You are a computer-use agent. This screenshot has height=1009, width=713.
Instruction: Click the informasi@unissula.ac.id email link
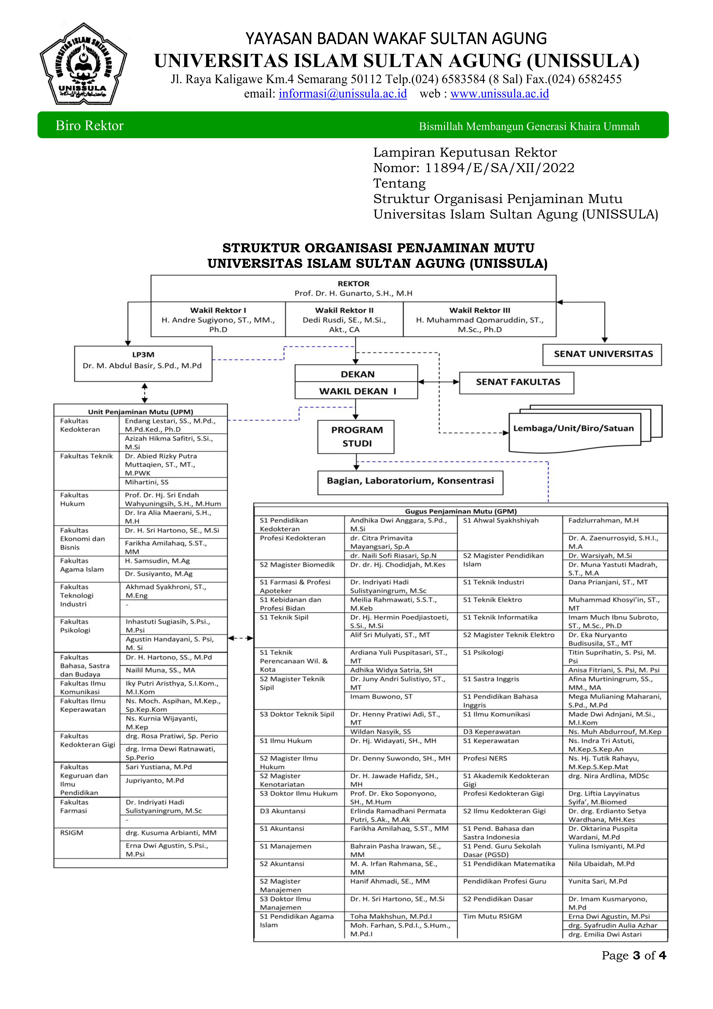coord(343,94)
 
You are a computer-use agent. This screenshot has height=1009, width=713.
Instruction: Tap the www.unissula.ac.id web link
coord(499,94)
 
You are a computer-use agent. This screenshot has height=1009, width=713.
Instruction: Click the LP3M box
coord(143,363)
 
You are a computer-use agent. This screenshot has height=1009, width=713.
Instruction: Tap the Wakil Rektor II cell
coord(344,320)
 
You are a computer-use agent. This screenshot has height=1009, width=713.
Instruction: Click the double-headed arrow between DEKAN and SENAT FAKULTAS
coord(438,382)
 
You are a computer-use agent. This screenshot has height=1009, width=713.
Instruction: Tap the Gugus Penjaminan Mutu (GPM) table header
coord(460,511)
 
